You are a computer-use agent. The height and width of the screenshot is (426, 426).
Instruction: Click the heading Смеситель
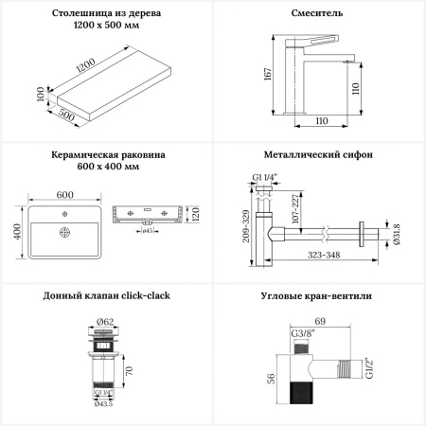coord(317,13)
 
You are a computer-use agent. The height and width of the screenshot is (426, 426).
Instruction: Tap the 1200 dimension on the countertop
coord(86,65)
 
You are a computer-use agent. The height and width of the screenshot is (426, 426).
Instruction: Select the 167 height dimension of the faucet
coord(268,74)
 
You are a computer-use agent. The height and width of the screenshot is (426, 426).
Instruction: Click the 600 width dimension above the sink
coord(65,195)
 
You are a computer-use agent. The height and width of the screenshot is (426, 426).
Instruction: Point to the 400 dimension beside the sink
coord(17,231)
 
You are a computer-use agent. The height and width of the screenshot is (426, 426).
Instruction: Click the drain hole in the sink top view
coord(64,233)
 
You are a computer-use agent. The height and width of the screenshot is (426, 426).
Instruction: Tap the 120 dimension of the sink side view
coord(196,214)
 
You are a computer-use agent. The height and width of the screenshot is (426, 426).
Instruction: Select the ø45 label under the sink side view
coord(148,231)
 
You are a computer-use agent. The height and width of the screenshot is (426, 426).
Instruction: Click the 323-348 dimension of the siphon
coord(324,255)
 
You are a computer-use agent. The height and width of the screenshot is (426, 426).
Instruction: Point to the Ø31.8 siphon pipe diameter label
coord(397,234)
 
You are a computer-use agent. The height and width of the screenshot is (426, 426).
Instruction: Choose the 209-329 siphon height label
coord(246,226)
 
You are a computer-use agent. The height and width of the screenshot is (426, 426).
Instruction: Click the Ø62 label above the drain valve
coord(105,322)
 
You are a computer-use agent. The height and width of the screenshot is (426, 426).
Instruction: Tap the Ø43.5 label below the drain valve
coord(103,404)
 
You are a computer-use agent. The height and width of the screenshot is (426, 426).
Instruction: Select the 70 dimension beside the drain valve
coord(129,371)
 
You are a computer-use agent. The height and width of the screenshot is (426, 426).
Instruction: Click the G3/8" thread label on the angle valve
coord(303,333)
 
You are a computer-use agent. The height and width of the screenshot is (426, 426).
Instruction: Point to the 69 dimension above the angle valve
coord(320,321)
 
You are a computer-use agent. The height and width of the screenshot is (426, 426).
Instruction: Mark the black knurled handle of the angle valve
coord(301,392)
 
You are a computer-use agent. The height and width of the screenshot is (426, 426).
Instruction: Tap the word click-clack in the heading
coord(146,295)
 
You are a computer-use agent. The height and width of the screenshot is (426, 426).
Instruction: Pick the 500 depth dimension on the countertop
coord(66,115)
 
